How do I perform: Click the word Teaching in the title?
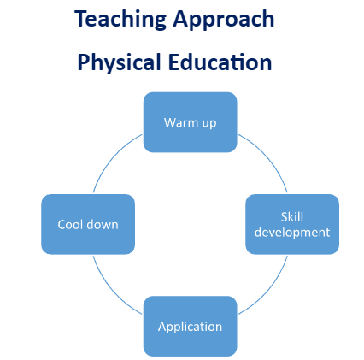[120, 20]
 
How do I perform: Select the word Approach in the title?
[224, 20]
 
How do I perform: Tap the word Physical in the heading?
[120, 63]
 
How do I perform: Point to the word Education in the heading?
[220, 62]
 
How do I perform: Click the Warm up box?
[191, 122]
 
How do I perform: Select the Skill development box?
[292, 224]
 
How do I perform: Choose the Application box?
[191, 326]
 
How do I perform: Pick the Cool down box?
[88, 224]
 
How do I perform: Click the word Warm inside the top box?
[181, 122]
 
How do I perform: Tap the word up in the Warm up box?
[209, 124]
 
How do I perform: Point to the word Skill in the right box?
[292, 217]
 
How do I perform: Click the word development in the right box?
[292, 233]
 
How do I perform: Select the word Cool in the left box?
[70, 225]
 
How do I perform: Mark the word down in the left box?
[103, 225]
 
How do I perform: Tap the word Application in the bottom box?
[191, 327]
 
